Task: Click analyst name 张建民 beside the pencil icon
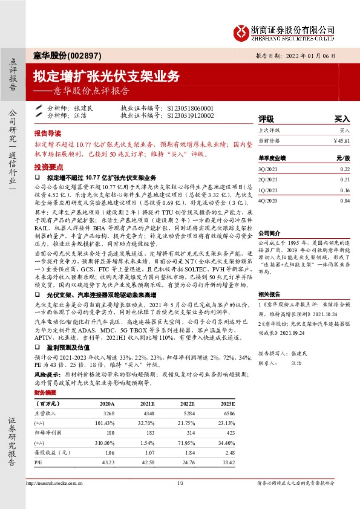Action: [83, 108]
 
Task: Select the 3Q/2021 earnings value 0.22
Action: [345, 170]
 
